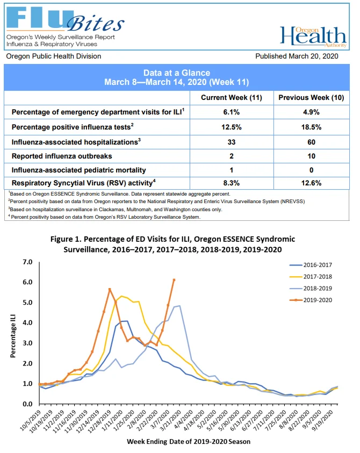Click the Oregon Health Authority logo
point(313,37)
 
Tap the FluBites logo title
point(66,19)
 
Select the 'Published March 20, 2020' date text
point(297,56)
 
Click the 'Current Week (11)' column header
point(232,98)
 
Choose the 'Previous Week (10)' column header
point(311,98)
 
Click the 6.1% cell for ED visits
point(232,112)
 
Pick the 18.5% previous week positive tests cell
point(311,127)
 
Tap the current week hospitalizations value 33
point(232,142)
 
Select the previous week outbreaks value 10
point(311,156)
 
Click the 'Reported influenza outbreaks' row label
point(62,156)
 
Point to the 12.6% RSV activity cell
point(311,183)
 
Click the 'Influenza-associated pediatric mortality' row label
point(78,170)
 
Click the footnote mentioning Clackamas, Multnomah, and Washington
point(116,209)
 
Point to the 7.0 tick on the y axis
point(27,262)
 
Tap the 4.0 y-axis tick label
point(27,323)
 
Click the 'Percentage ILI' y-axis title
point(13,336)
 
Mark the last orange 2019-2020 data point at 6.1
point(174,280)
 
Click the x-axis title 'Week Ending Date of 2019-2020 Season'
point(189,441)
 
